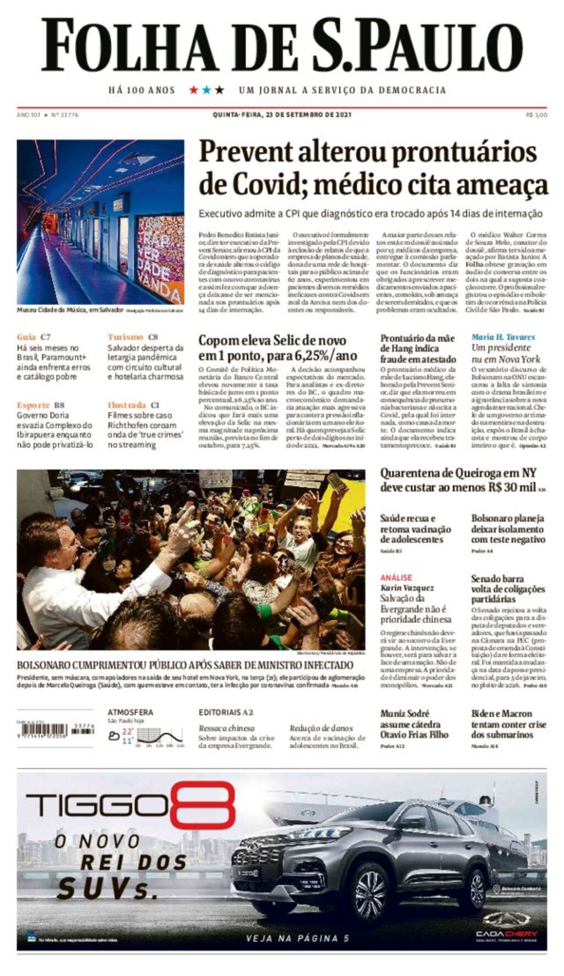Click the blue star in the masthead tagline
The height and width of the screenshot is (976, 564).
[207, 90]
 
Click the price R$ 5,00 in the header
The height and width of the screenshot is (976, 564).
[536, 115]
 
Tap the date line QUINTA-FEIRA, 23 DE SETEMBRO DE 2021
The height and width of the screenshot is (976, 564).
[282, 115]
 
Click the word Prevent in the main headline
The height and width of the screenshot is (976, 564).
[246, 152]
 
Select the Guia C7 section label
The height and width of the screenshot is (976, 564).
[34, 337]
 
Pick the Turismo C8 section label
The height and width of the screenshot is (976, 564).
[132, 337]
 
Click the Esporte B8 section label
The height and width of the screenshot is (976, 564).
[40, 405]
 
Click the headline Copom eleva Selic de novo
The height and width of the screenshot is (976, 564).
[272, 340]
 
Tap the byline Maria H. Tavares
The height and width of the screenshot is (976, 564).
[503, 337]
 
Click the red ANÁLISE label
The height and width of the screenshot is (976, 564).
[396, 577]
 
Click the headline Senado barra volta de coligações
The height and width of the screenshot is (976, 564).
[507, 588]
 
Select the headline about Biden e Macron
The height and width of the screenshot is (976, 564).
[508, 723]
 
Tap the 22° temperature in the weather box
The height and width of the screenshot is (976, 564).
[128, 732]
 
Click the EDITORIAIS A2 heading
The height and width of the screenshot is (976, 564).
[226, 712]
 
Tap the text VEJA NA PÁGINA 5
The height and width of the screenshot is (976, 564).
[297, 939]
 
